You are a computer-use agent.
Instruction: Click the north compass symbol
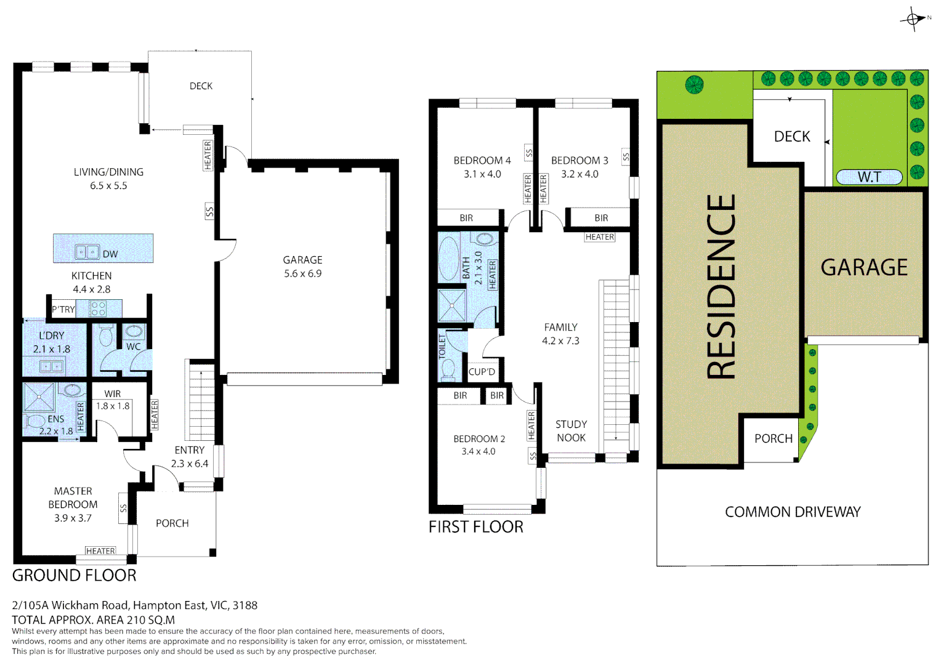click(x=913, y=19)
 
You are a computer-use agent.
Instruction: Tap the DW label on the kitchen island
click(x=110, y=254)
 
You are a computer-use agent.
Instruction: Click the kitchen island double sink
click(x=87, y=252)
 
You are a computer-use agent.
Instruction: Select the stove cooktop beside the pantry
click(x=98, y=308)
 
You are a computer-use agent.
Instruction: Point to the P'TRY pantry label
click(x=63, y=310)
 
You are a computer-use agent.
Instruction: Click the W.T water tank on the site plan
click(x=869, y=177)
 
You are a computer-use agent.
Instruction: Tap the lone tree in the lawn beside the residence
click(x=695, y=85)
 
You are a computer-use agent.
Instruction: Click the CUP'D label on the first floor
click(x=482, y=372)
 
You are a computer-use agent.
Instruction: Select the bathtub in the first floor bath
click(x=449, y=259)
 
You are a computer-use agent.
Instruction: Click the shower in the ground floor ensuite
click(x=39, y=397)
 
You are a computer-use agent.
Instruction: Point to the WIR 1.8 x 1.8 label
click(x=113, y=400)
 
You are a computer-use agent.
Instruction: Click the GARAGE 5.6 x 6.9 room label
click(x=302, y=267)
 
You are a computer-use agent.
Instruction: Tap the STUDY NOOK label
click(x=571, y=431)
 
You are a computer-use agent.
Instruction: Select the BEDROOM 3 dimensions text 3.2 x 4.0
click(x=580, y=174)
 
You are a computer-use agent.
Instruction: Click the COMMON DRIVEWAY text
click(x=793, y=512)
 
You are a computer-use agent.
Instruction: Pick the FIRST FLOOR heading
click(x=476, y=527)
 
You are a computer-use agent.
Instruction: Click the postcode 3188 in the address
click(x=245, y=605)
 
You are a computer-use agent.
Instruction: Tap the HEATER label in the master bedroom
click(x=100, y=550)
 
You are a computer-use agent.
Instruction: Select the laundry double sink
click(x=51, y=366)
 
